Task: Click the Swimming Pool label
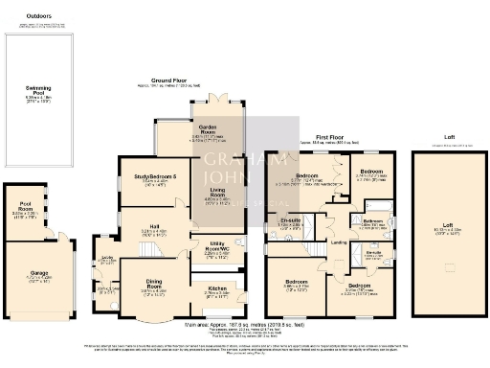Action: point(38,87)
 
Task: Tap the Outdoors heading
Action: point(38,16)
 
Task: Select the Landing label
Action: point(338,241)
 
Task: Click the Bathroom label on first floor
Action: point(373,220)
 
